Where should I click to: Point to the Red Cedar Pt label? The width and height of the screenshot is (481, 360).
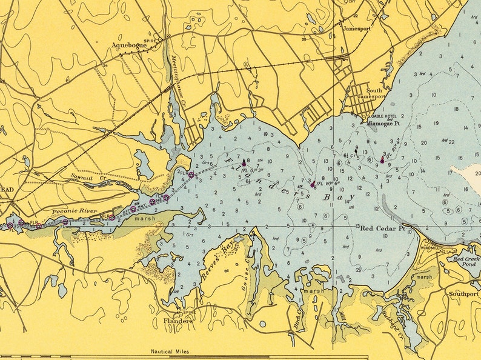pyautogui.click(x=382, y=228)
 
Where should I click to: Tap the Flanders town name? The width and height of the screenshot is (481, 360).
pyautogui.click(x=177, y=321)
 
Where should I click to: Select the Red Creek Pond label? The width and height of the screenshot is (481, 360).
pyautogui.click(x=463, y=261)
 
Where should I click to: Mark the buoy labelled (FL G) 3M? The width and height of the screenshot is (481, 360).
pyautogui.click(x=244, y=163)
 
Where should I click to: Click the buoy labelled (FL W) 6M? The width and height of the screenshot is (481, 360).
pyautogui.click(x=313, y=184)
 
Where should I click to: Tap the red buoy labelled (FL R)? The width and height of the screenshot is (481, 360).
pyautogui.click(x=382, y=160)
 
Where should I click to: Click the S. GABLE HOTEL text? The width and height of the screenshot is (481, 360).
pyautogui.click(x=380, y=116)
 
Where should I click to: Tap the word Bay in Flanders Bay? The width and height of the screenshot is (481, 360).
pyautogui.click(x=336, y=197)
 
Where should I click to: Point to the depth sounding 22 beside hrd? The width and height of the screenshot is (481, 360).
pyautogui.click(x=451, y=142)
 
